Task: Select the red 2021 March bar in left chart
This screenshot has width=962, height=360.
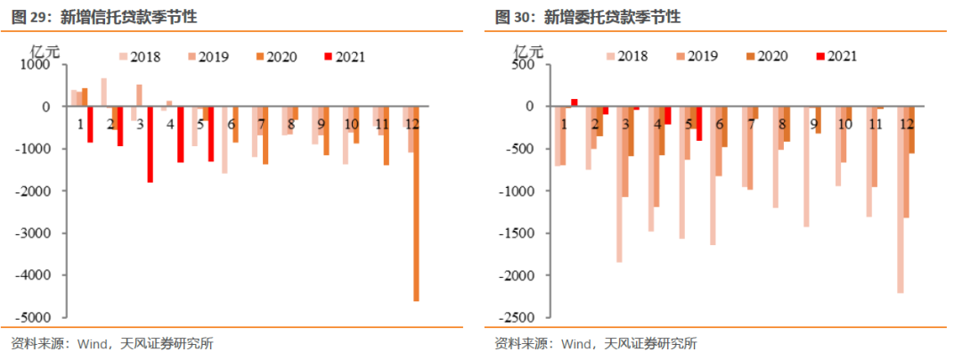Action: pos(151,144)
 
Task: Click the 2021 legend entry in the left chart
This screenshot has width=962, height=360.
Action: pos(345,57)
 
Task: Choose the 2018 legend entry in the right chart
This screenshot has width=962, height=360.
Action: pos(627,56)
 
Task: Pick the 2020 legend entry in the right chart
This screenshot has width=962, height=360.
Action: pos(766,56)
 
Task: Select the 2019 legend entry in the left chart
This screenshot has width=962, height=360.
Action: pos(206,57)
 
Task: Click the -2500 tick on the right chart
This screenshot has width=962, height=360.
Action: pos(520,317)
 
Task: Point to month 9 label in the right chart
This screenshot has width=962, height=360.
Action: pos(814,123)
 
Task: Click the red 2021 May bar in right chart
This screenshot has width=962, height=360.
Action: pos(700,124)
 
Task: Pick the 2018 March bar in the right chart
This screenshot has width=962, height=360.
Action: pos(619,184)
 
